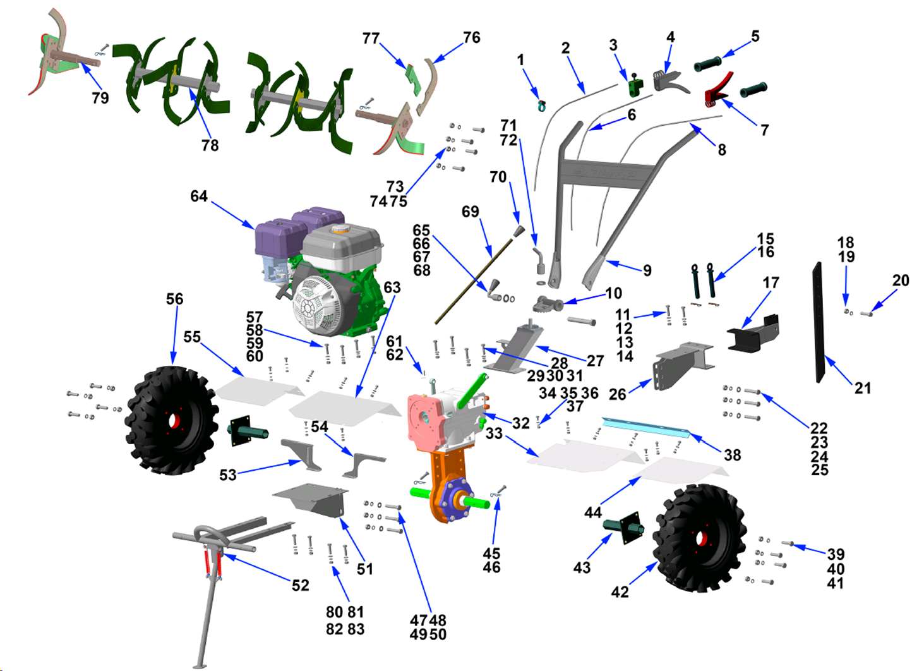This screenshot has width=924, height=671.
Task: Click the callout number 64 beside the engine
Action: click(x=199, y=196)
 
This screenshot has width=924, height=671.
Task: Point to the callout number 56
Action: click(x=174, y=299)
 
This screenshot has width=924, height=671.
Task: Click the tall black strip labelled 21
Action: click(x=819, y=322)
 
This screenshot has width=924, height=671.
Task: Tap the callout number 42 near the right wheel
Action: click(x=620, y=592)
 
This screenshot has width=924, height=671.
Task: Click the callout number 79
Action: click(x=100, y=98)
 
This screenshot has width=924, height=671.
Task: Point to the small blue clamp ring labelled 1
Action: click(x=541, y=106)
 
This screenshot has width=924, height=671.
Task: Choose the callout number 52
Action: click(x=301, y=586)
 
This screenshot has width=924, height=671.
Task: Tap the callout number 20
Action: click(x=901, y=281)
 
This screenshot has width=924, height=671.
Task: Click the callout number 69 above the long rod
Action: click(x=471, y=212)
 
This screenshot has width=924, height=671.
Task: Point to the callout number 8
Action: click(x=722, y=150)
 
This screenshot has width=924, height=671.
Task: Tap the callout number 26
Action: click(x=617, y=394)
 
